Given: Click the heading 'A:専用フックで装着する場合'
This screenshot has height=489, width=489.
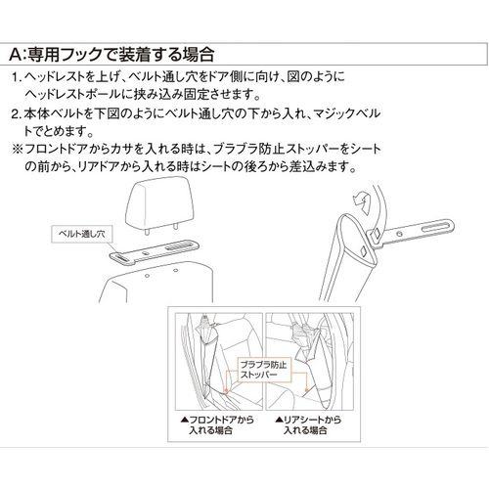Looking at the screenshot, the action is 111,54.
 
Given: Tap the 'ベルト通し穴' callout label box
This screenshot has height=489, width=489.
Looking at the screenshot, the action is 82,234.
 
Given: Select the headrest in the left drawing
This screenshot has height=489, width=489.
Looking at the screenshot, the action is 159,202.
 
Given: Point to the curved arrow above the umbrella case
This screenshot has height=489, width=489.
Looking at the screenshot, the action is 362,200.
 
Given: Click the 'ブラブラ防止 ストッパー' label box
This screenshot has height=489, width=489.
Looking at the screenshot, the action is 264,370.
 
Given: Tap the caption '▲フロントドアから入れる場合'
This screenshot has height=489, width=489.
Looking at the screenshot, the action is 217,424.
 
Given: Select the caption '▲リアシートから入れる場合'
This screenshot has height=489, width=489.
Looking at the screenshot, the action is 308,424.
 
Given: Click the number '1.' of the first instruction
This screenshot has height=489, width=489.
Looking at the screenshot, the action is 17,77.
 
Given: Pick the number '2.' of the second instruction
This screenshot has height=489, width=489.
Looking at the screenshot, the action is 17,114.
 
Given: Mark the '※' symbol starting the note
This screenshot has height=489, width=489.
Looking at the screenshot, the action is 17,150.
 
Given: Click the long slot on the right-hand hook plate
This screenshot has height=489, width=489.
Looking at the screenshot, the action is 435,227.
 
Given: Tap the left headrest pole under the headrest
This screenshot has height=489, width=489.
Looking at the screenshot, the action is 147,231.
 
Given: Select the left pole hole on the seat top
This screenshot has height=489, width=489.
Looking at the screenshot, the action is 147,276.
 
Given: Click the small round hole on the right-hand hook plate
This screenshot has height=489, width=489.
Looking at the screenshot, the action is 399,234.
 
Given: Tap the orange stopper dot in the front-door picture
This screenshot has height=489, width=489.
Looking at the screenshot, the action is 224,389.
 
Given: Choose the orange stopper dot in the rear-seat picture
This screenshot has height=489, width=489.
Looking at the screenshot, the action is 306,389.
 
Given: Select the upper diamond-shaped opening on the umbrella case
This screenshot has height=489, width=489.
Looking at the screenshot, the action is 376,233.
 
